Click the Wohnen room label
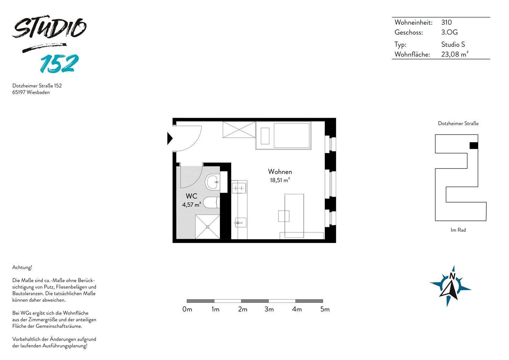pos(280,172)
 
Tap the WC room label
pos(191,196)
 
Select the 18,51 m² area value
pos(280,180)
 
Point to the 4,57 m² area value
pos(192,205)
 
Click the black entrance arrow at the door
pos(170,138)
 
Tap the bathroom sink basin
pos(213,182)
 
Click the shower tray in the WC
pos(207,226)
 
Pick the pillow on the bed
pos(265,136)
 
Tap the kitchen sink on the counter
pos(239,223)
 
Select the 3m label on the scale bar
pos(269,309)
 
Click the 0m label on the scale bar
pos(187,309)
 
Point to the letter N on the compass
pos(452,277)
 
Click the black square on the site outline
pos(474,145)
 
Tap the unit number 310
pos(446,23)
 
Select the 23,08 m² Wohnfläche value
pos(455,54)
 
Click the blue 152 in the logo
pos(59,64)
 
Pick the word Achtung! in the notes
pos(22,267)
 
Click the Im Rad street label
pos(458,230)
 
